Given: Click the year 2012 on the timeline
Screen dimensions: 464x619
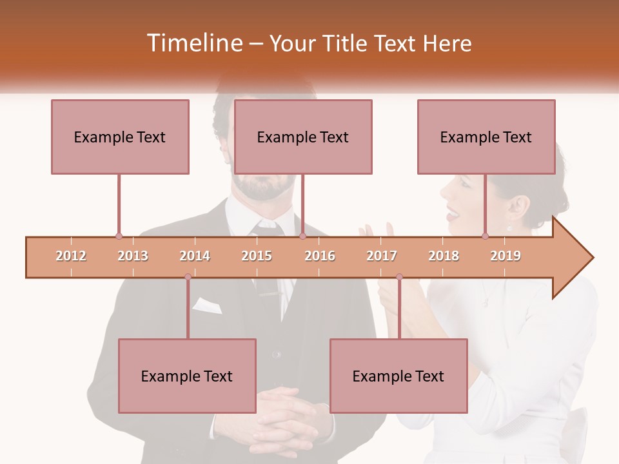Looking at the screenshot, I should [71, 256].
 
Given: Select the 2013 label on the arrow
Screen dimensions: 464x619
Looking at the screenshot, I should [133, 256].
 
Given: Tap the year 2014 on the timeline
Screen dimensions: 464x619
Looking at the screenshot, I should [195, 256].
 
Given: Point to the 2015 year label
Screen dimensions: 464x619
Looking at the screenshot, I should [257, 256].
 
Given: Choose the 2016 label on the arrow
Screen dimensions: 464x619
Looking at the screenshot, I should [320, 256].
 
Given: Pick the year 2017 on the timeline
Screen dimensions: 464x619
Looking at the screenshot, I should [382, 256].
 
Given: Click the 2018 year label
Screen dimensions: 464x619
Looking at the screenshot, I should [444, 256].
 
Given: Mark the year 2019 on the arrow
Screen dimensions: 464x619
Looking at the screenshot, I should [506, 256].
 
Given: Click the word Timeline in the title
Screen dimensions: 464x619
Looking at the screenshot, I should [193, 43].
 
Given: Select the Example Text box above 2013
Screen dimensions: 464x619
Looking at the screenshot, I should [120, 137].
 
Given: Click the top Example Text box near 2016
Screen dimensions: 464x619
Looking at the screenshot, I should [303, 137].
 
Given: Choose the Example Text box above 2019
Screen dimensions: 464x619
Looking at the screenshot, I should [486, 137].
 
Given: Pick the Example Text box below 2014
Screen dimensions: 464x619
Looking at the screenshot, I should [187, 376].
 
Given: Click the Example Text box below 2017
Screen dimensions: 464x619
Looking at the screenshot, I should [398, 376].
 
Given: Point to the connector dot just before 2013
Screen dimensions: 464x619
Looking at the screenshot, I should [119, 236].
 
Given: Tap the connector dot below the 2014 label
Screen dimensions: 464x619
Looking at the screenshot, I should [188, 277].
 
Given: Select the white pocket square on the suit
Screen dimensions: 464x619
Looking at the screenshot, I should [206, 305].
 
